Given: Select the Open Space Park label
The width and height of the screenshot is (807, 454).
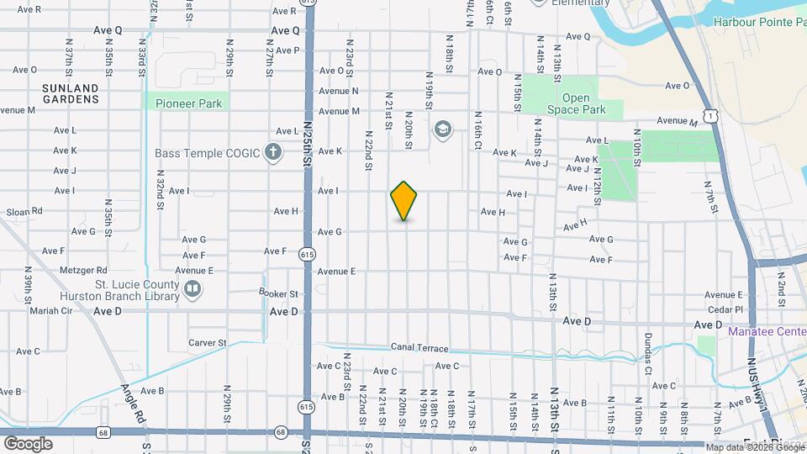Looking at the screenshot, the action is click(576, 104).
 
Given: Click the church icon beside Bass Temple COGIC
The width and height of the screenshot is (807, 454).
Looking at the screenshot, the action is click(272, 153).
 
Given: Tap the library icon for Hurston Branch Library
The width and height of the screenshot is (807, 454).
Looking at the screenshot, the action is click(193, 290).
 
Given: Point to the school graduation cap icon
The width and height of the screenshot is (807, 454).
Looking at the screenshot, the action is click(442, 130).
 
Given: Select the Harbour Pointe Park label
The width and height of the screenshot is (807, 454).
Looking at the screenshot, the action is click(758, 22).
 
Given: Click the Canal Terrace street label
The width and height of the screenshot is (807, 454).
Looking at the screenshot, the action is click(420, 348).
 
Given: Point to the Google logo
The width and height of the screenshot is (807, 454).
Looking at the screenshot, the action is click(28, 444).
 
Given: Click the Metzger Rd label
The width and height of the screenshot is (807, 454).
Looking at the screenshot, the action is click(83, 271).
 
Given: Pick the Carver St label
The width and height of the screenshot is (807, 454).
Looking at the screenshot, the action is click(207, 343).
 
